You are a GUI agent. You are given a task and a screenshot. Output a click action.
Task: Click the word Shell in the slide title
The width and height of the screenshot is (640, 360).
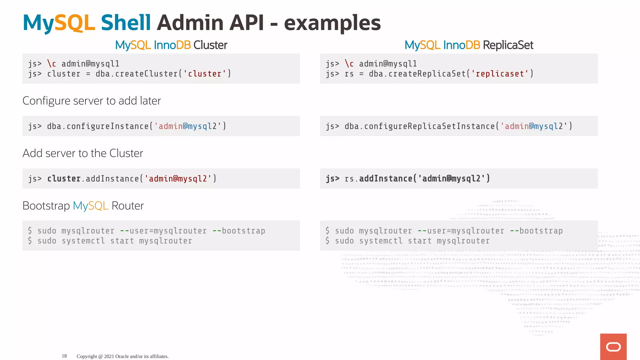(126, 23)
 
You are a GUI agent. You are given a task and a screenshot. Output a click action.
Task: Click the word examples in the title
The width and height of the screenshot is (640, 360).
(332, 23)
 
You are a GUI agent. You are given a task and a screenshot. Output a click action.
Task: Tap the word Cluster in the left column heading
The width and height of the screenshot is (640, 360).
(210, 45)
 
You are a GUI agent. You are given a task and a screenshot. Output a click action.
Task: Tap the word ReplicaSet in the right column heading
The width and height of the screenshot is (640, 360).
(508, 45)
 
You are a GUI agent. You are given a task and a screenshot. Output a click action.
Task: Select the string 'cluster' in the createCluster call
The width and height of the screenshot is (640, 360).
(205, 74)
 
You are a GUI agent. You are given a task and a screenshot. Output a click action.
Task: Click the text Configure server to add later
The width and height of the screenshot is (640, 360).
(92, 101)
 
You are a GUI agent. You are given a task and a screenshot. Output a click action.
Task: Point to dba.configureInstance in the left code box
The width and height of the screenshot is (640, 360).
(98, 126)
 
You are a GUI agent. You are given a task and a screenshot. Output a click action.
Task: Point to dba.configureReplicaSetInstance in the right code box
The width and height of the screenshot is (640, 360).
(420, 126)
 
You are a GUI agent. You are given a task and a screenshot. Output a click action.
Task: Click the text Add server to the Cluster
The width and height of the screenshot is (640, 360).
(83, 153)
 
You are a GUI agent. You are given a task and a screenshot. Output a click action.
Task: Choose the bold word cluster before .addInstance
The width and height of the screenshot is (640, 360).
(64, 179)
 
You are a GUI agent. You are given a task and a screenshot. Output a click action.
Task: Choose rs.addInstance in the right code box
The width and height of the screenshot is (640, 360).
(378, 179)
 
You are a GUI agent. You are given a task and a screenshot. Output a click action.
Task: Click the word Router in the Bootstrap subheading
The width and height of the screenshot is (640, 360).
(127, 206)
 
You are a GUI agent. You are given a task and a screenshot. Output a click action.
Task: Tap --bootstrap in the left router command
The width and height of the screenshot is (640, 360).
(239, 231)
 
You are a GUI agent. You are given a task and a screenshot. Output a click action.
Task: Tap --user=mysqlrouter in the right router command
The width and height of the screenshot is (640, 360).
(461, 231)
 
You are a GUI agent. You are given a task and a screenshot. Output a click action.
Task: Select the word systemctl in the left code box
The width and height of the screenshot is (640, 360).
(83, 241)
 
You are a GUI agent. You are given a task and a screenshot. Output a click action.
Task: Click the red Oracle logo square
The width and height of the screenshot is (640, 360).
(613, 347)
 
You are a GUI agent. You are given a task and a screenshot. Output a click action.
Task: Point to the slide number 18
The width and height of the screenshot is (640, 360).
(64, 356)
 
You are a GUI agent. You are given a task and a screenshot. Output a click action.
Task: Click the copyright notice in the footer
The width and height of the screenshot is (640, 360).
(122, 356)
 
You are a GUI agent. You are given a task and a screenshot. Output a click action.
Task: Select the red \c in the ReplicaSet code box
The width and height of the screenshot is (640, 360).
(349, 64)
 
